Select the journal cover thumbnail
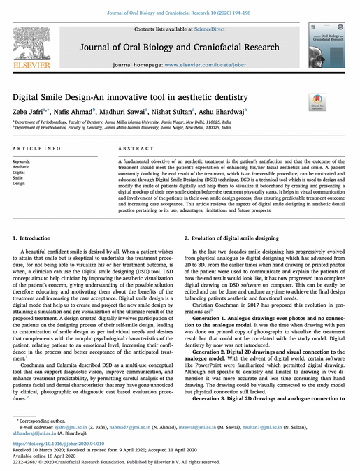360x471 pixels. [322, 44]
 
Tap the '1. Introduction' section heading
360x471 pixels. [31, 239]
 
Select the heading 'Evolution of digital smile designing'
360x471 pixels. [235, 239]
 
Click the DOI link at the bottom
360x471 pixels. [58, 444]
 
